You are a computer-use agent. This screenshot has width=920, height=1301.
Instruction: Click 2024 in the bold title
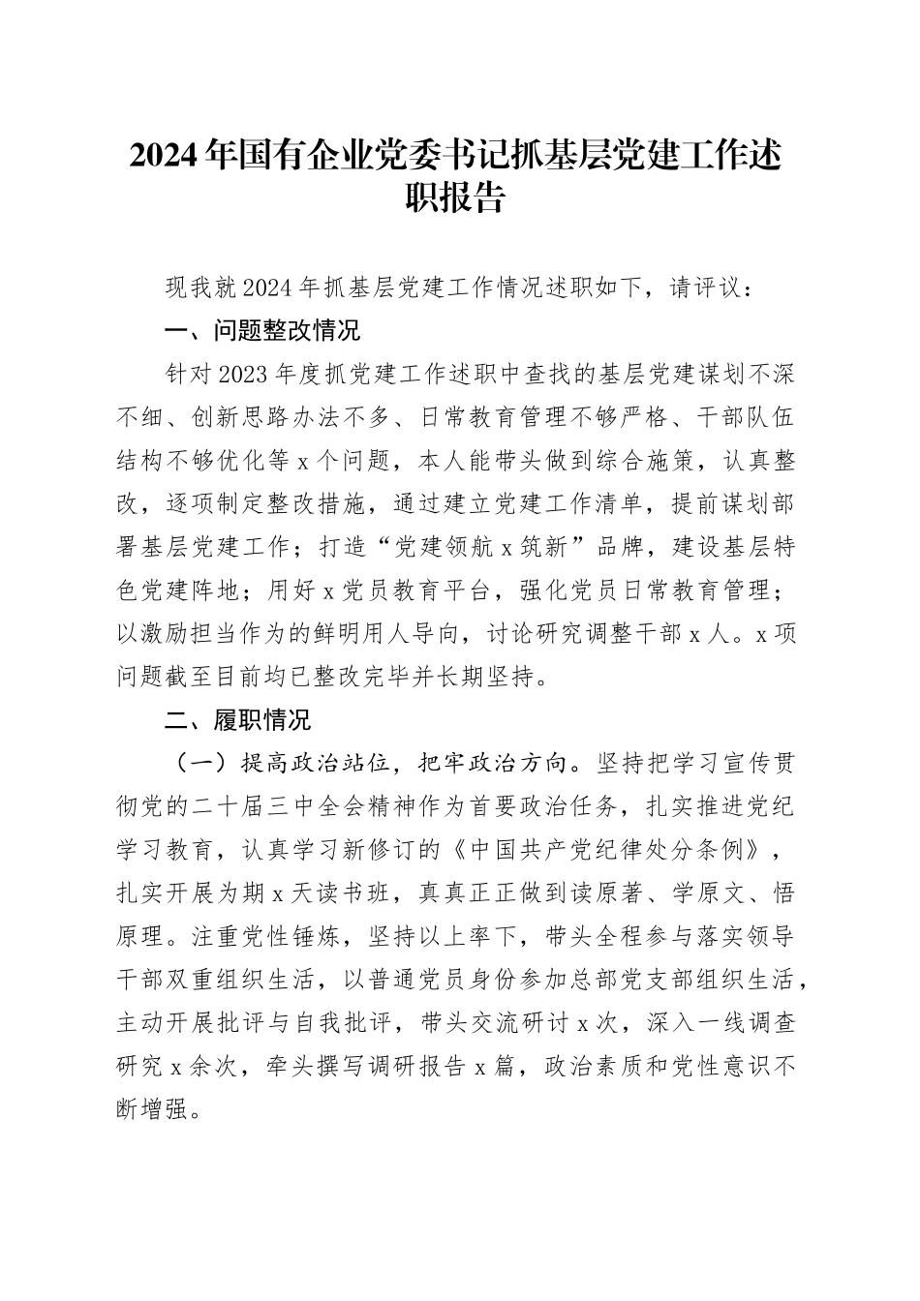click(x=168, y=155)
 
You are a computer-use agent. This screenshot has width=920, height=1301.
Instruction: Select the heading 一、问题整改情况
click(x=262, y=331)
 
